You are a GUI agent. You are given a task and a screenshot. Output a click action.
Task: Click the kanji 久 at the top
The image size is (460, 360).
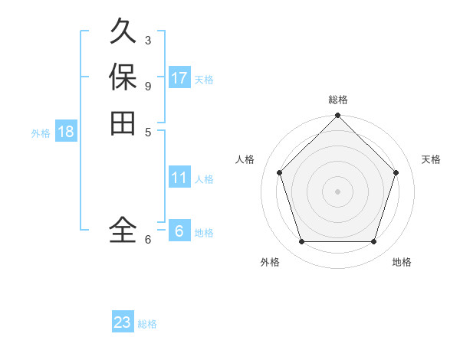pyautogui.click(x=123, y=31)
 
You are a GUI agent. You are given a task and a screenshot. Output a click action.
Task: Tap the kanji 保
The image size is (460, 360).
pyautogui.click(x=123, y=77)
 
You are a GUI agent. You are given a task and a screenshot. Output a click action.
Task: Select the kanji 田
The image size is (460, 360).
pyautogui.click(x=123, y=123)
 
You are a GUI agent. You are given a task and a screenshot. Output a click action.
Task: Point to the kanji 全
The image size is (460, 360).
pyautogui.click(x=123, y=229)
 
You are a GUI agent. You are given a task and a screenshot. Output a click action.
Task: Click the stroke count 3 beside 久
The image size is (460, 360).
pyautogui.click(x=148, y=40)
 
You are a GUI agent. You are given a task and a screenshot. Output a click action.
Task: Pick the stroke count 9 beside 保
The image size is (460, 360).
pyautogui.click(x=148, y=86)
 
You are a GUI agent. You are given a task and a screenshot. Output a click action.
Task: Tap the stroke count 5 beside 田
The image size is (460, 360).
pyautogui.click(x=148, y=132)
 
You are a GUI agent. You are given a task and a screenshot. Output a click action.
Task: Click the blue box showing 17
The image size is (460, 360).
pyautogui.click(x=179, y=78)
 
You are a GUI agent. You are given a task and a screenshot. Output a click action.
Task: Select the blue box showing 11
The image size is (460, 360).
pyautogui.click(x=179, y=178)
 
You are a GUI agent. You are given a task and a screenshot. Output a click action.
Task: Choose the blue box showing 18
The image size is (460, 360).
pyautogui.click(x=66, y=132)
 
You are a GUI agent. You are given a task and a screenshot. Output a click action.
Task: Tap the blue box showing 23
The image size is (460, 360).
pyautogui.click(x=123, y=322)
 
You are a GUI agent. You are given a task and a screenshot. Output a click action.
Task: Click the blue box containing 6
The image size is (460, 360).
pyautogui.click(x=179, y=231)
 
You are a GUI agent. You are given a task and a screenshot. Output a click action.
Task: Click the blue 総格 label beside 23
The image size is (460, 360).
pyautogui.click(x=147, y=324)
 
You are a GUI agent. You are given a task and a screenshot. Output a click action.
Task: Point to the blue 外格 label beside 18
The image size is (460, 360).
pyautogui.click(x=41, y=133)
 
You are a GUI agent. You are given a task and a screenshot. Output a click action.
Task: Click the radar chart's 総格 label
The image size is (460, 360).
pyautogui.click(x=337, y=100)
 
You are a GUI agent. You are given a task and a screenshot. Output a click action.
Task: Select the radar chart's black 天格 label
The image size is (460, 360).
pyautogui.click(x=431, y=159)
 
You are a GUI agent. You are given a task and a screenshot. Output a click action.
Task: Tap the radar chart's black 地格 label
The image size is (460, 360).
pyautogui.click(x=402, y=262)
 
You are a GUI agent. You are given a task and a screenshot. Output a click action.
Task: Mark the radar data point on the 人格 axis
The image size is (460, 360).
pyautogui.click(x=279, y=172)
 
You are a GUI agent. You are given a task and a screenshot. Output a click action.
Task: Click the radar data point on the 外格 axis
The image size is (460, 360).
pyautogui.click(x=301, y=241)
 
